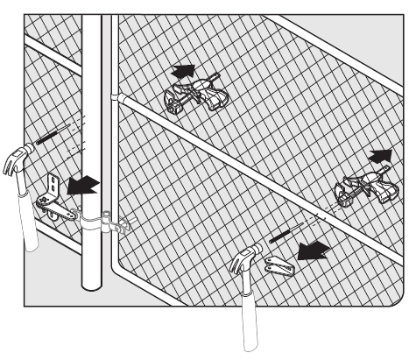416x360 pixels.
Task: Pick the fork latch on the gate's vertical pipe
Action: coord(120,226)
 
